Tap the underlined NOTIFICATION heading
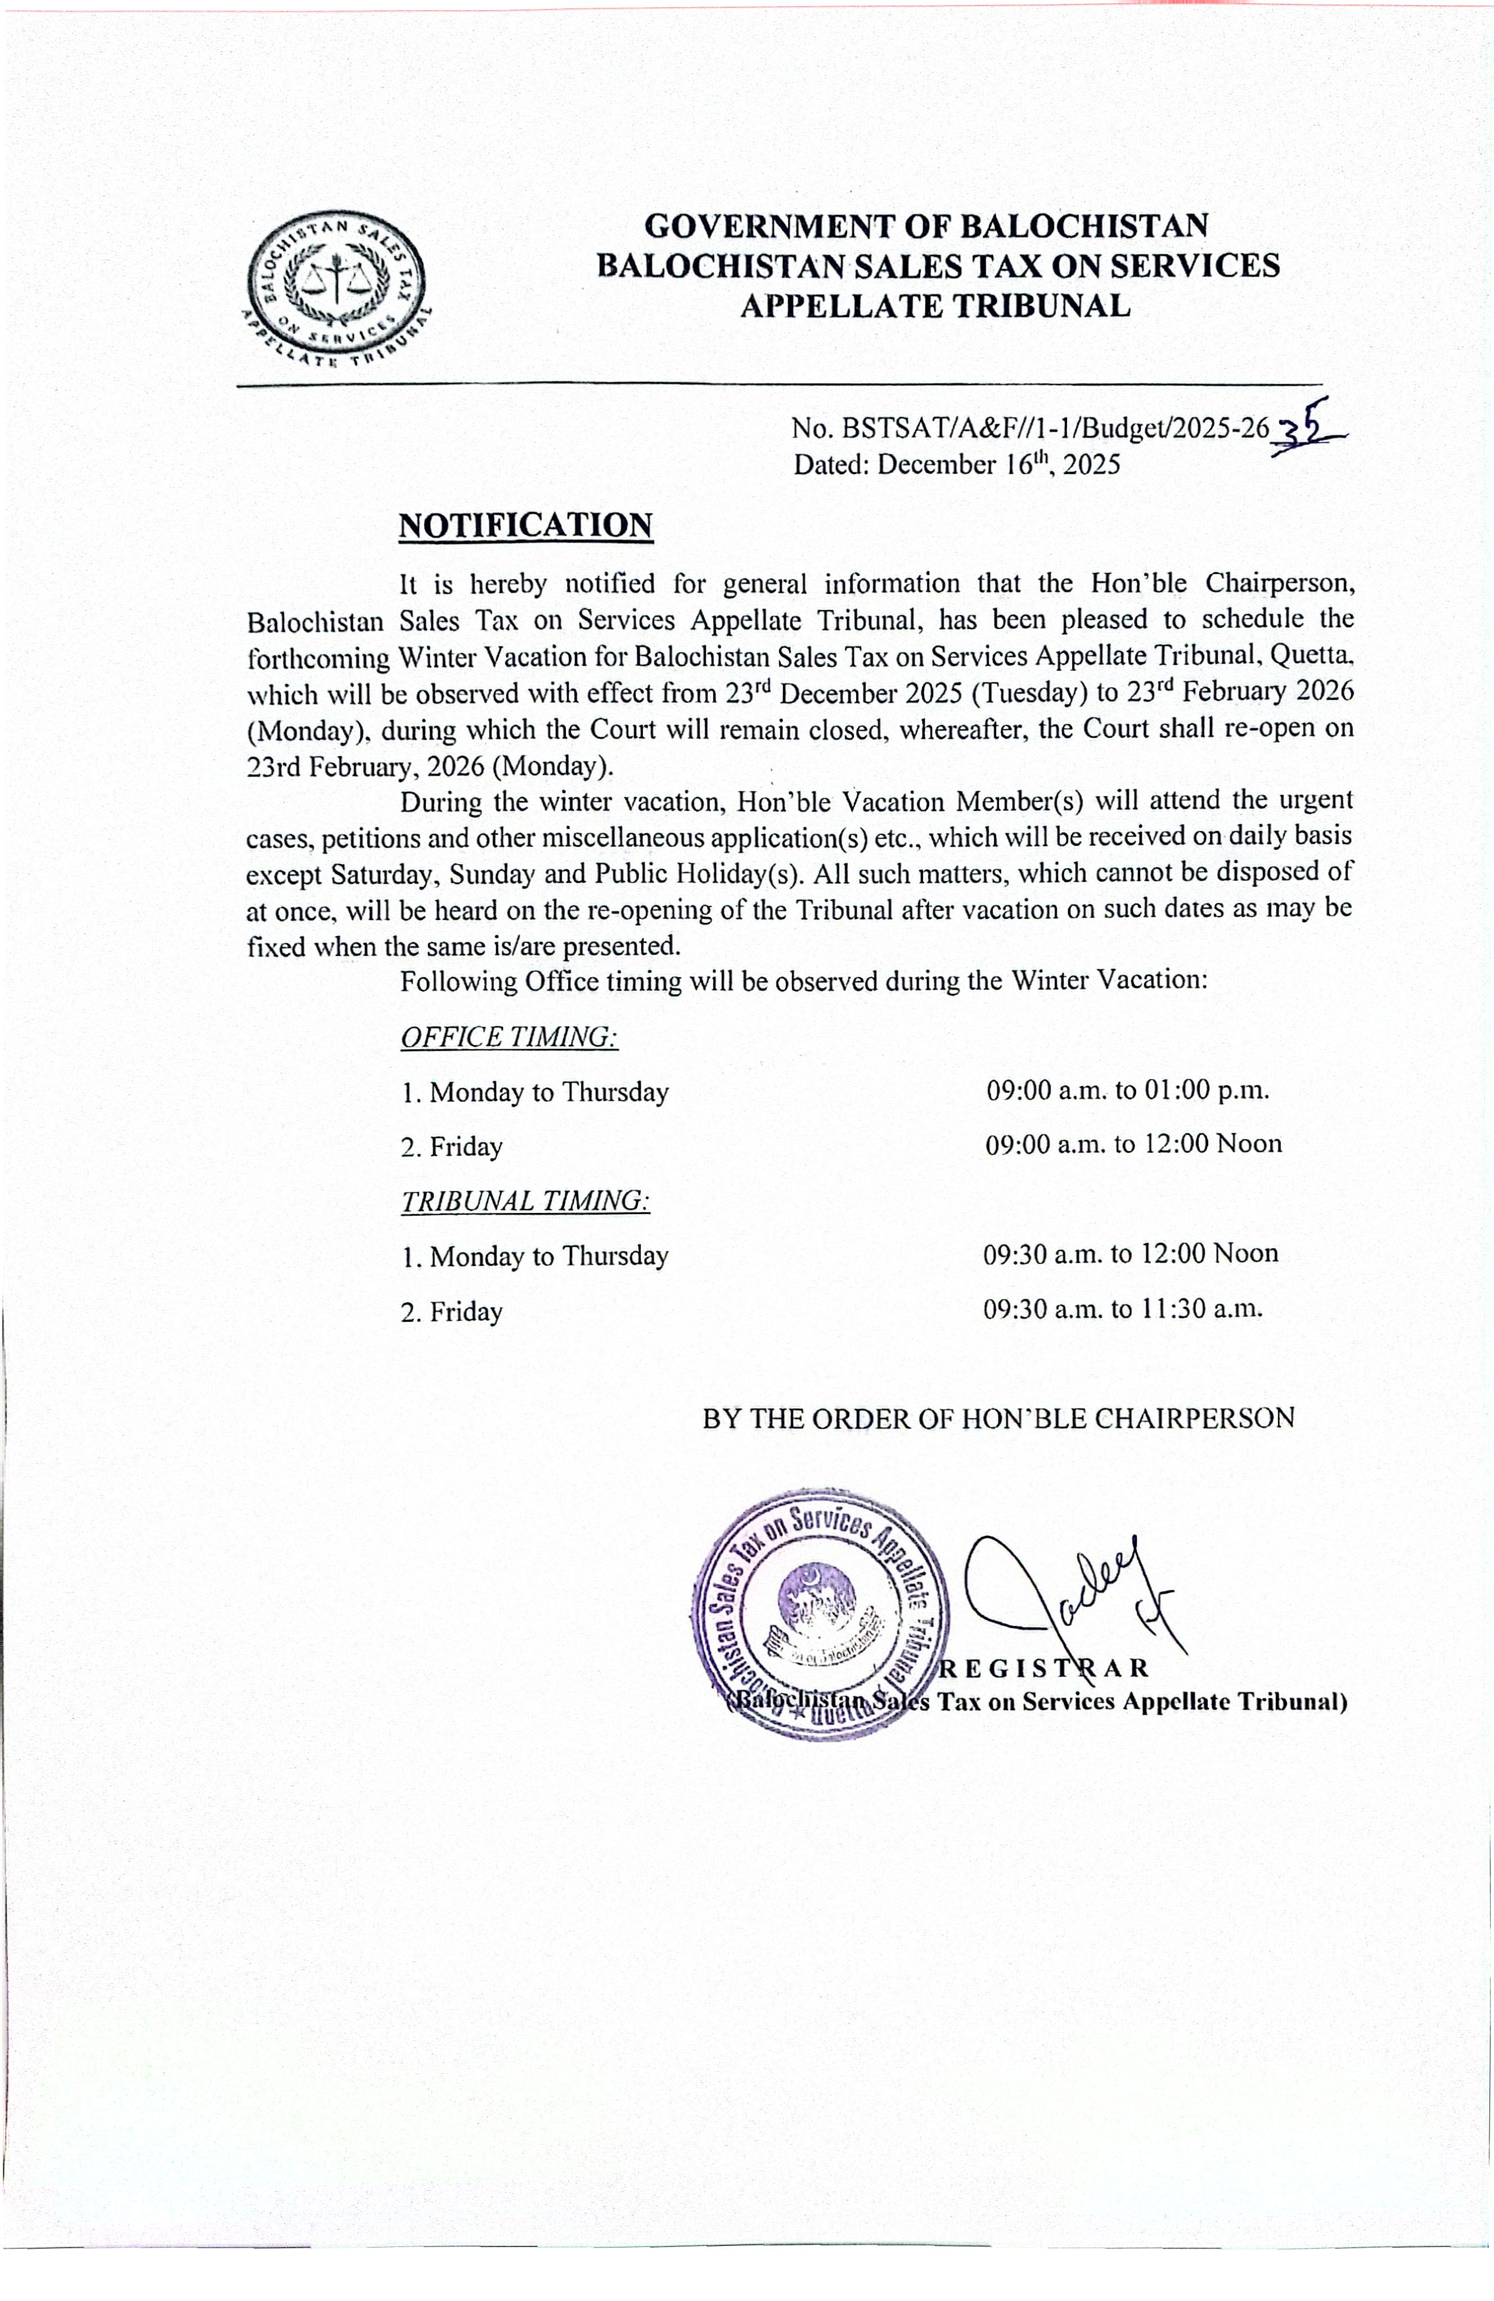(525, 525)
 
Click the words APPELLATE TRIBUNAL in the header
(935, 305)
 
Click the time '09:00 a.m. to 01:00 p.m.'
(1127, 1090)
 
